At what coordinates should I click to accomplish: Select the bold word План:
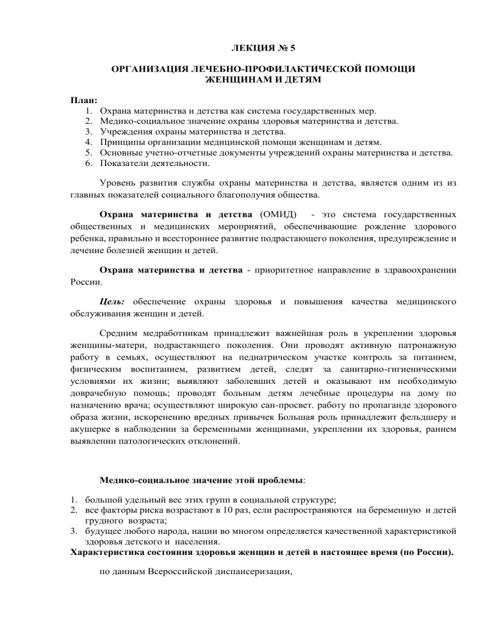tap(84, 100)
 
